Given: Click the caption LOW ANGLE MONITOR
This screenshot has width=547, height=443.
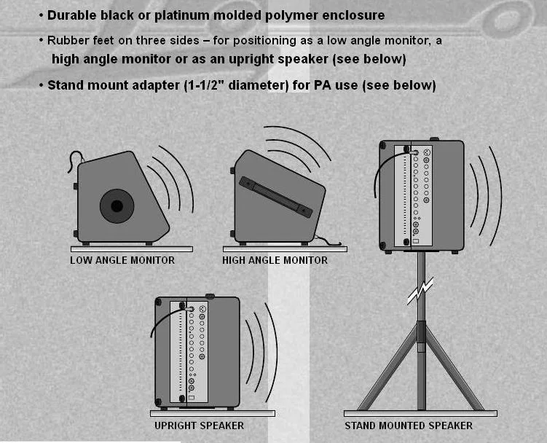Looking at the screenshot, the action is point(122,260).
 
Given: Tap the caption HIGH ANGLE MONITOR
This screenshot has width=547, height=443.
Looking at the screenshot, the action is point(275,260).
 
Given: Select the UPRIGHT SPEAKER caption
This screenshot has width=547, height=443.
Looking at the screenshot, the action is point(199,426).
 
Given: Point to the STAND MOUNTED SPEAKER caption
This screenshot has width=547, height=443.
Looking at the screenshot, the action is point(409,426).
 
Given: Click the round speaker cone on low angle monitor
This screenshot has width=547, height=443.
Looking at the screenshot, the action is point(117,206).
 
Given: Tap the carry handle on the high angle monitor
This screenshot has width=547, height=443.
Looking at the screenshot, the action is point(275,197).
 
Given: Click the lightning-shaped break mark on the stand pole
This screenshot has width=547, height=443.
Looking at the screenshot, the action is point(420,291).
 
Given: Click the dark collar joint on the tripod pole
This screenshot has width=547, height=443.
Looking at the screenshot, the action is point(422,332).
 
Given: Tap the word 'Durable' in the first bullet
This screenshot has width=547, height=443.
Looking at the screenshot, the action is point(66,15).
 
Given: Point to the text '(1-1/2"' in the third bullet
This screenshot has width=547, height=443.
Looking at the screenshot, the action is point(202,85).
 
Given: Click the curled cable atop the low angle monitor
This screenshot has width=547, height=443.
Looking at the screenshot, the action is point(75,160).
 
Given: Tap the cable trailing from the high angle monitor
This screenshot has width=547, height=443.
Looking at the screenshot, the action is point(328,240).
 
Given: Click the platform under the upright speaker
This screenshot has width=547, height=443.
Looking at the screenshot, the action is point(213,413).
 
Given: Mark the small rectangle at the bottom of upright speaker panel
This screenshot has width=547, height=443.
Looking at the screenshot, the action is point(191,398).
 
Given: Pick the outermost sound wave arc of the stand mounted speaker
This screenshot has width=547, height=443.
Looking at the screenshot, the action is point(496,196).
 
